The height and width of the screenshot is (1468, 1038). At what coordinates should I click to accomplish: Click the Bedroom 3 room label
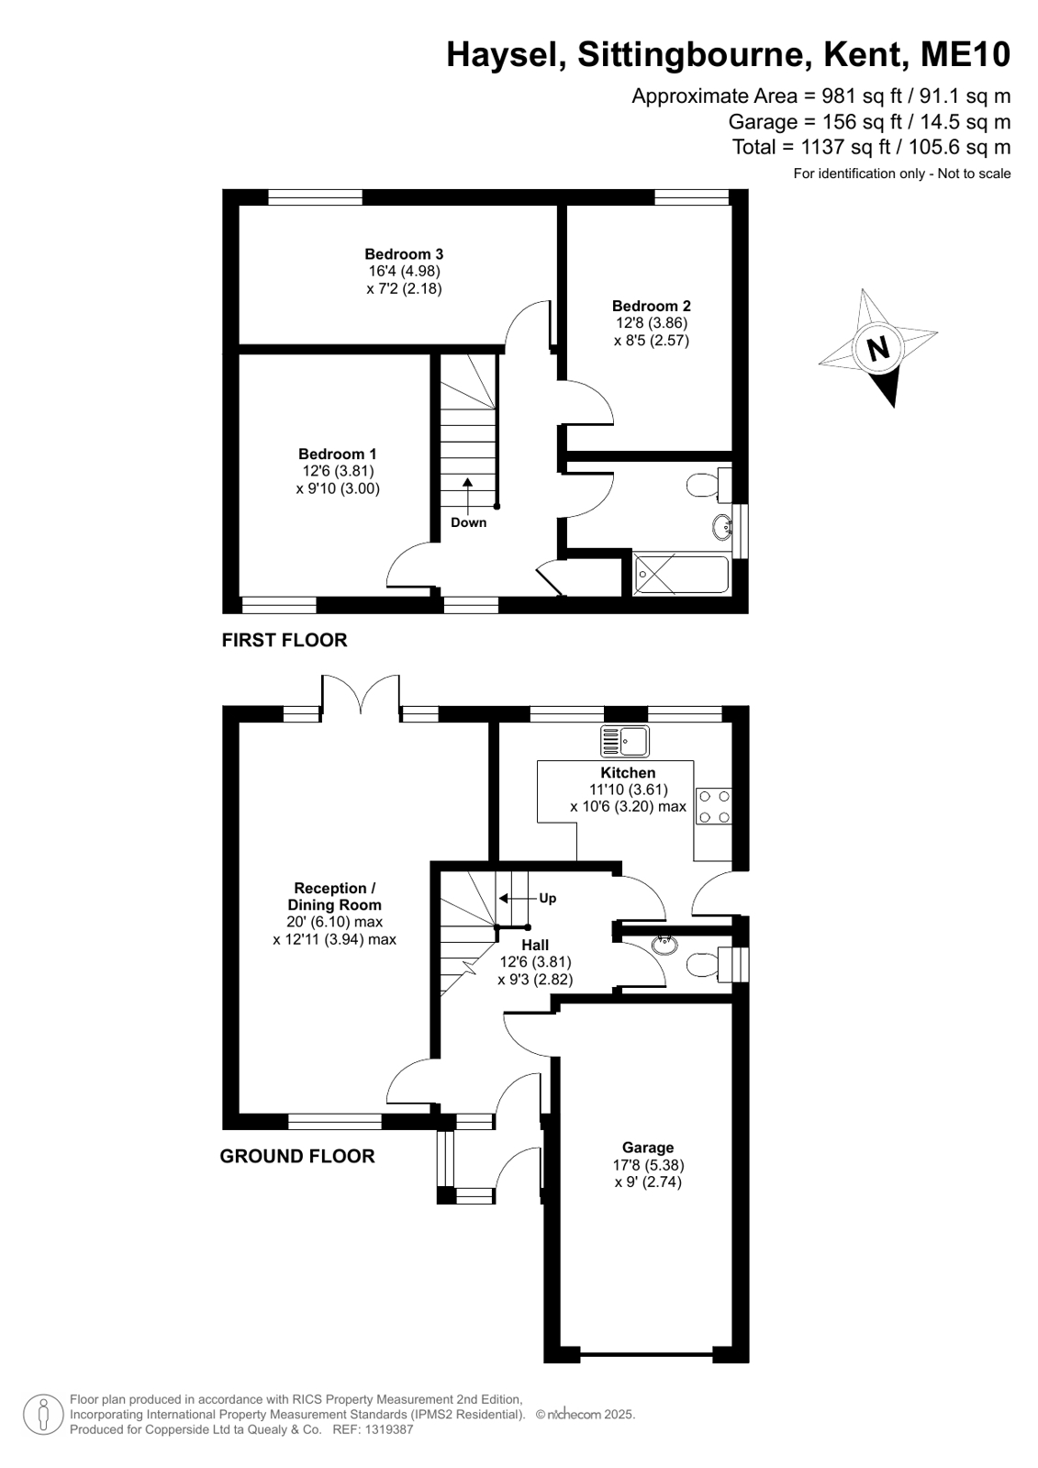point(404,253)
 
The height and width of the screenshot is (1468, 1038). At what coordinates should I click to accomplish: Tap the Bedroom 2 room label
point(652,306)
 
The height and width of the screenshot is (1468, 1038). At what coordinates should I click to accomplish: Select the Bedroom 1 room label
point(338,454)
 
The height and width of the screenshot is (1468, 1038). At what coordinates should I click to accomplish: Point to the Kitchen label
point(628,772)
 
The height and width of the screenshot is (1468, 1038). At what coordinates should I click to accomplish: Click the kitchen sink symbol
point(624,741)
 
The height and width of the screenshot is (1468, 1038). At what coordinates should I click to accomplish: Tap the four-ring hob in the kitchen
point(714,807)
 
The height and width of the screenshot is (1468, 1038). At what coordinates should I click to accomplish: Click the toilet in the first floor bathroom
point(709,485)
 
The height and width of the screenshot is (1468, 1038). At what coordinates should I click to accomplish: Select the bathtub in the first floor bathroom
point(681,575)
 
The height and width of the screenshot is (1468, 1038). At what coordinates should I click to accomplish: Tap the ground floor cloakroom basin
point(664,944)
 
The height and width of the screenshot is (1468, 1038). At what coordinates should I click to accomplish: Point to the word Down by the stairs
point(469,522)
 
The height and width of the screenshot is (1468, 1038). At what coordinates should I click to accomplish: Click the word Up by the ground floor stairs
point(547,898)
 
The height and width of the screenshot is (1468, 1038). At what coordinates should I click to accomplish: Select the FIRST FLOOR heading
point(285,640)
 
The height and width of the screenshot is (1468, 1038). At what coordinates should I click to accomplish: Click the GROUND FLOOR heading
point(296,1156)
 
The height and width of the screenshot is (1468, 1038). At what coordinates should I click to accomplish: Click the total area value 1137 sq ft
point(845,146)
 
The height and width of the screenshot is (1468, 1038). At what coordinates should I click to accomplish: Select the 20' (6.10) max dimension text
point(334,922)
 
